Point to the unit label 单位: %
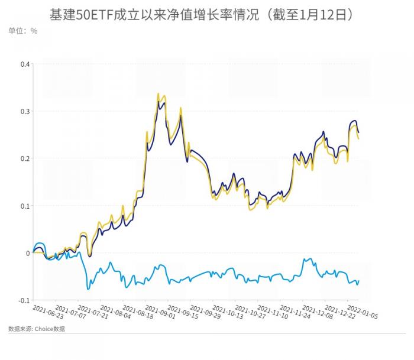click(23, 30)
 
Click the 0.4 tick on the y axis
click(24, 64)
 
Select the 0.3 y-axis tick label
click(24, 111)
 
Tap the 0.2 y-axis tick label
click(24, 158)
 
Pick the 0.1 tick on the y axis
click(24, 206)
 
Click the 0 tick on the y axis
click(28, 253)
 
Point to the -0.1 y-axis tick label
click(23, 300)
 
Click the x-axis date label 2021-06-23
click(48, 312)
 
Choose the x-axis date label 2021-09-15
click(182, 312)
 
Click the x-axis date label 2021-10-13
click(227, 312)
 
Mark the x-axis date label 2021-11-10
click(271, 312)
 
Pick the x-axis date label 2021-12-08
click(316, 312)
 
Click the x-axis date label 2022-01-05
click(361, 312)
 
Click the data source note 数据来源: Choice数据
click(37, 329)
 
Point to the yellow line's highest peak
click(158, 93)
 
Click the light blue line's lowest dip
click(89, 288)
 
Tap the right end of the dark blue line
click(359, 132)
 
